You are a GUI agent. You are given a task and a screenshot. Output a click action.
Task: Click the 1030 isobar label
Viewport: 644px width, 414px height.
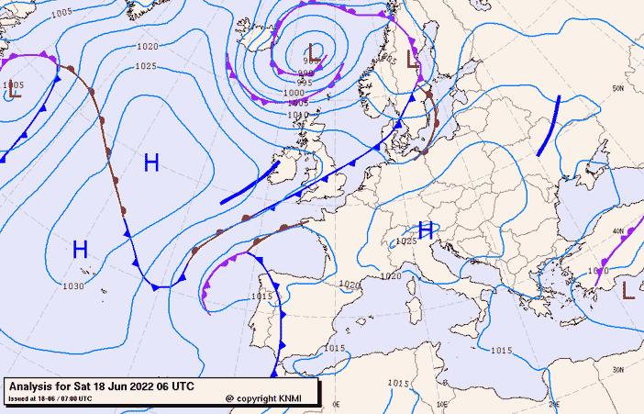73,286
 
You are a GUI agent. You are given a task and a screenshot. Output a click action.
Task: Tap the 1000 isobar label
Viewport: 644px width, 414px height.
294,93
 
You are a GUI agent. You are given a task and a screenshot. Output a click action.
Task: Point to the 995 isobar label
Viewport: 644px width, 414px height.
305,83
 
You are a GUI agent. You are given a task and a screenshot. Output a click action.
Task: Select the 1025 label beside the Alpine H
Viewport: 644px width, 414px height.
406,241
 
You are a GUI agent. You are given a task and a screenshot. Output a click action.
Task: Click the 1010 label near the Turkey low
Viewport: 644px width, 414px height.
598,271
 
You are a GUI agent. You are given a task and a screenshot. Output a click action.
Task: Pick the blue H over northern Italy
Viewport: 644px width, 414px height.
426,229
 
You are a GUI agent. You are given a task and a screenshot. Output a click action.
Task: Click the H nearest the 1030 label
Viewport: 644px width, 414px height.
80,249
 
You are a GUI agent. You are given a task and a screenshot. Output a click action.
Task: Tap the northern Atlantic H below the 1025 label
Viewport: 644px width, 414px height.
151,163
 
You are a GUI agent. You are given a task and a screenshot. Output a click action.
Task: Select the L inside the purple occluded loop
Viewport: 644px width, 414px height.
316,50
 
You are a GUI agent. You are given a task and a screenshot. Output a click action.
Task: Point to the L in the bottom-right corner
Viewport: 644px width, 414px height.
628,291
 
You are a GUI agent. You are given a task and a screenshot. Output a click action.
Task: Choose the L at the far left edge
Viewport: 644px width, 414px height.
13,92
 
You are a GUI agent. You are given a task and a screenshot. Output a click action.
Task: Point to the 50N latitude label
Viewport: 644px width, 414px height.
618,88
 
